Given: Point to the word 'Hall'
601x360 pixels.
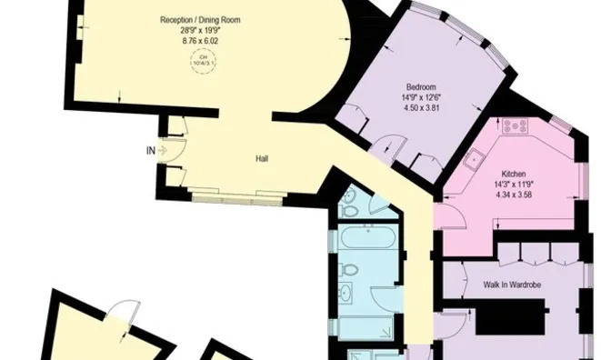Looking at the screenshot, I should tap(262, 159).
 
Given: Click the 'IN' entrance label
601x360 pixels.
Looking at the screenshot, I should tap(149, 151).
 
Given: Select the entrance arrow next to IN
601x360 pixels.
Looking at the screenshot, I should tap(165, 151).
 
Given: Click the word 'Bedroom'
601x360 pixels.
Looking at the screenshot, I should tap(408, 87).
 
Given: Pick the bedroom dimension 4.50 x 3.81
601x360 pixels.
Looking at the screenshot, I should tap(408, 107).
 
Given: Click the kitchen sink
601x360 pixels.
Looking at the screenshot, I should tap(474, 160).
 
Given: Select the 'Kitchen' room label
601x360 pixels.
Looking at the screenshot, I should tap(515, 173).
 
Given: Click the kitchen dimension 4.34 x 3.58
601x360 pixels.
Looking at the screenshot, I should tap(515, 193).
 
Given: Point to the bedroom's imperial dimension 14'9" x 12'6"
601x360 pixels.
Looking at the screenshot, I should tap(408, 97).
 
